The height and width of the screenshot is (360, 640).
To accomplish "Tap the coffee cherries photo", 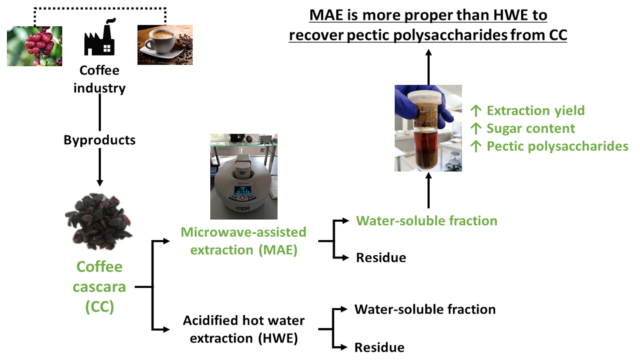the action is tap(34, 46).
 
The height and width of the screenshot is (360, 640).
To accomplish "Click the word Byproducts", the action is tap(100, 140).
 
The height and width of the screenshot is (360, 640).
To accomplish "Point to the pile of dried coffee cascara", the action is tap(98, 222).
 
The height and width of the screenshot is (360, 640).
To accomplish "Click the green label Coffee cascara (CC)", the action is tap(99, 286).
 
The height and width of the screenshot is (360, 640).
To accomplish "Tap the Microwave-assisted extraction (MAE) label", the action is tap(244, 241).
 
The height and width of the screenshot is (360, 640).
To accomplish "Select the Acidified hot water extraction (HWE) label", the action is tap(244, 329).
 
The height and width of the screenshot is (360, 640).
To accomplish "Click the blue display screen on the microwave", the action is tap(242, 190).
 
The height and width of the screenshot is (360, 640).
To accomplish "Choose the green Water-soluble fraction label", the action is tap(426, 220).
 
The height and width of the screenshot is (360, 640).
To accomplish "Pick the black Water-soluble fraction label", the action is tap(425, 309).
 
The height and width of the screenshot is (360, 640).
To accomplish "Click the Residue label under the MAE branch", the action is tap(381, 258).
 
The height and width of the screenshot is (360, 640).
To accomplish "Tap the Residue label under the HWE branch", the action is tap(380, 348).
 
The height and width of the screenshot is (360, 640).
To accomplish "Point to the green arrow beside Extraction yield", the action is tap(476, 110).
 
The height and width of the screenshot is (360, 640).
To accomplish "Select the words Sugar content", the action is tap(530, 128).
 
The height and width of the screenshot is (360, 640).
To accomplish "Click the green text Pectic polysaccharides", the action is tap(558, 146).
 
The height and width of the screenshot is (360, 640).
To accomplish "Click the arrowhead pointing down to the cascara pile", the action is tap(100, 183).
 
